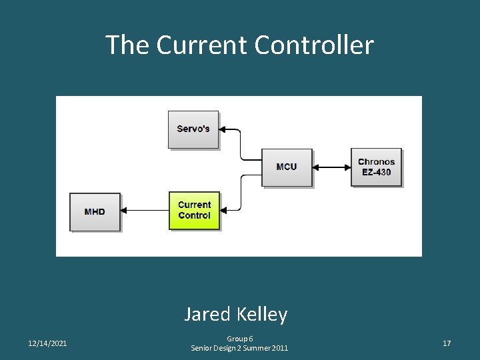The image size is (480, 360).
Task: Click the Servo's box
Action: (193, 129)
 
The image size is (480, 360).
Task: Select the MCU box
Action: (287, 167)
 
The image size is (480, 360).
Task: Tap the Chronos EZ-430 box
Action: (376, 167)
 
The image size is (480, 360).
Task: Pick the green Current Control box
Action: (194, 211)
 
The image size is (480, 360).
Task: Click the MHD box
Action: (95, 212)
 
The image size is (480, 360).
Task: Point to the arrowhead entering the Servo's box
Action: (223, 129)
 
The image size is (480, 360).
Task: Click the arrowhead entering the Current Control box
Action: (224, 211)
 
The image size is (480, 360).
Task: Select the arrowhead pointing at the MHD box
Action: (125, 211)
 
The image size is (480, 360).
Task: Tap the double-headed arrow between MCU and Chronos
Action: (331, 167)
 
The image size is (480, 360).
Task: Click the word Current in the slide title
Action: (202, 45)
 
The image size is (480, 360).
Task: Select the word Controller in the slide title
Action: (314, 45)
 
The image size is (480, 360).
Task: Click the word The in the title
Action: (127, 45)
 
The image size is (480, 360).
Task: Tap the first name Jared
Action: (206, 314)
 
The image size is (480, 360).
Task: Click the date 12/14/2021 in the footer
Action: (47, 343)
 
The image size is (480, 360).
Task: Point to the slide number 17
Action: (447, 343)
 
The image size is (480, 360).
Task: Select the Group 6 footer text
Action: (240, 339)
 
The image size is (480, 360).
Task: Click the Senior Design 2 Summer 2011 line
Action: (240, 348)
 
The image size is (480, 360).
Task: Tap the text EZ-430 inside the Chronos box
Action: (376, 173)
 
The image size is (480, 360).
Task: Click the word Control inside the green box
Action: (194, 216)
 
